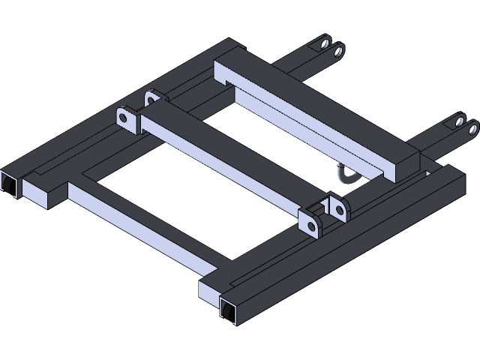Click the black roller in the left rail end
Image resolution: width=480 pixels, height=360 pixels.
point(8,184)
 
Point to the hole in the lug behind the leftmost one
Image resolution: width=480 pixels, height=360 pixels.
point(153,98)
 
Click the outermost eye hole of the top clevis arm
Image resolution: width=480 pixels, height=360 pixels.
point(339,51)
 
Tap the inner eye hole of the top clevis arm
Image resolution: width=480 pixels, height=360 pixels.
point(325,43)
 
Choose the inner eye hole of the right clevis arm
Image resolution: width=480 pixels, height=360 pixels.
point(458,121)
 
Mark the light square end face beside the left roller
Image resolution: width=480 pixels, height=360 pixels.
point(34,193)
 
